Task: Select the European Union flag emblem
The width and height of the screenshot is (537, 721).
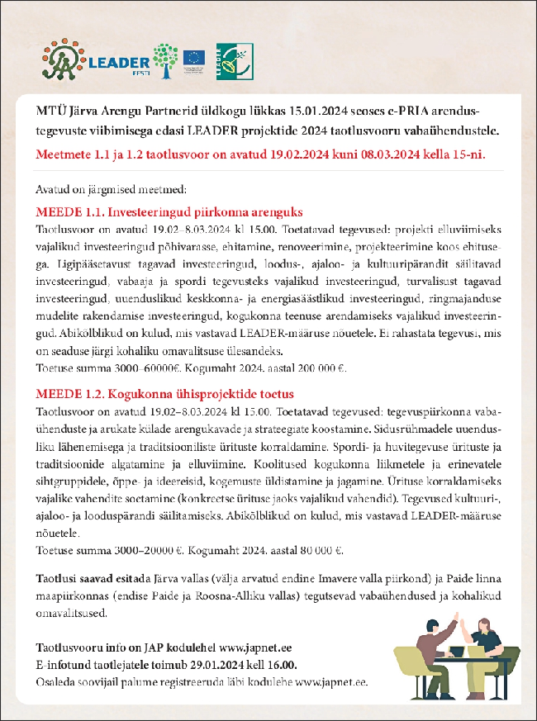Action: [x=194, y=57]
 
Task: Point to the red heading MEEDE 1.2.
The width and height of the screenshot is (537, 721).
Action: [x=166, y=394]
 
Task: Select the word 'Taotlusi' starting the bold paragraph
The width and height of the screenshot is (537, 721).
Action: [x=57, y=577]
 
